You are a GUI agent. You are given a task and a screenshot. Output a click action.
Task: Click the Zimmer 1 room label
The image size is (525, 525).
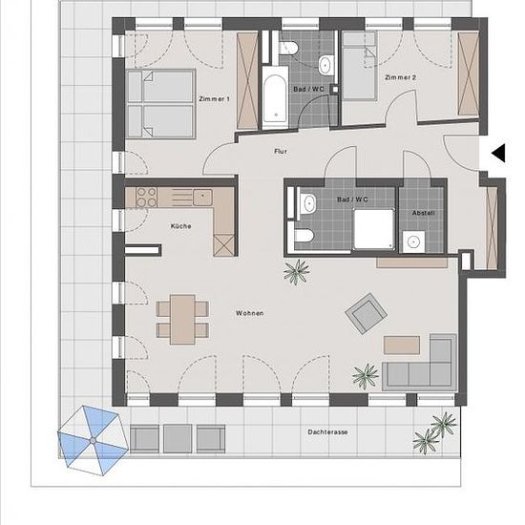point(214,99)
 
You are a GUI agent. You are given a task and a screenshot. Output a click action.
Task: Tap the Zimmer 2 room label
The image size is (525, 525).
point(401,77)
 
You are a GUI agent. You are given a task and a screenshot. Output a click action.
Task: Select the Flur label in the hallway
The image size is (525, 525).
point(281,152)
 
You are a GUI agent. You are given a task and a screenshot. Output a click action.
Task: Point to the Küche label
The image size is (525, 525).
point(180,226)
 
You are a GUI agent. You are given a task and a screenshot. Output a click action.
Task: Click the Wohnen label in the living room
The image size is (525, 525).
point(249,313)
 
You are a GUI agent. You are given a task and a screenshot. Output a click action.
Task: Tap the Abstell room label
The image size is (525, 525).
point(423,213)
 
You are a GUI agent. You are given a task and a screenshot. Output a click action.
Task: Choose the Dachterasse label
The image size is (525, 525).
point(327,432)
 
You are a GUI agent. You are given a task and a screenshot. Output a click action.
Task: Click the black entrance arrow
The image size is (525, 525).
point(498,154)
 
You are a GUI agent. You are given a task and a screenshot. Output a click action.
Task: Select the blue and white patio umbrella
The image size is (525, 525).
point(93,440)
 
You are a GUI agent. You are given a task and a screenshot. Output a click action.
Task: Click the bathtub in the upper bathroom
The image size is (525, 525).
point(275,97)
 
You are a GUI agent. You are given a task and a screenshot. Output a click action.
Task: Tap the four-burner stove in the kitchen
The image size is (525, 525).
point(147,197)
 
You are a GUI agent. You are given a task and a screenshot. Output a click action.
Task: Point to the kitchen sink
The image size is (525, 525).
point(202,198)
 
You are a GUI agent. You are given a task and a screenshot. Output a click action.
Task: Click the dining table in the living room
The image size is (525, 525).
point(182,320)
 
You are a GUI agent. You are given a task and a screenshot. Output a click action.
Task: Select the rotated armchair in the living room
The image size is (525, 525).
point(366,313)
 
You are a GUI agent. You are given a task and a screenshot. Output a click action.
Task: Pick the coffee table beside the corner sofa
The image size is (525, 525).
point(402,345)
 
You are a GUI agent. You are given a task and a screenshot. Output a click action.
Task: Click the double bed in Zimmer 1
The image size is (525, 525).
point(160,104)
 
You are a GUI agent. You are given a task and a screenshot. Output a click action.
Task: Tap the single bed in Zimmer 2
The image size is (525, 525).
point(359,66)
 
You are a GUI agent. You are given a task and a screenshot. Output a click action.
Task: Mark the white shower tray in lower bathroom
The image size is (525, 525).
point(373,229)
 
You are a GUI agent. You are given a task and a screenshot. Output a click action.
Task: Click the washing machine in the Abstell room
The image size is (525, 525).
point(413,241)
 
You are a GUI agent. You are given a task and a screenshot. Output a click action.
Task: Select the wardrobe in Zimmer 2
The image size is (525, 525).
point(468,73)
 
